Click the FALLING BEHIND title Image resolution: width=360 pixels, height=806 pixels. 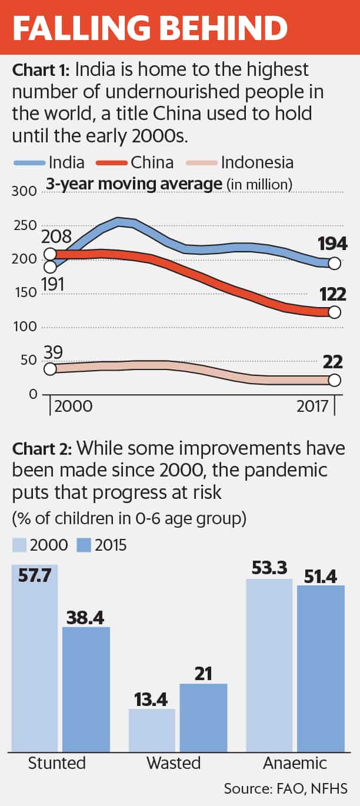coord(151,28)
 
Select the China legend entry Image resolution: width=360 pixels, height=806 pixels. coord(141,162)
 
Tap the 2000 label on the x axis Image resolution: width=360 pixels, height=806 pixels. coord(73,407)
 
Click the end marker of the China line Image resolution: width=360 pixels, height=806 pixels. coord(334,312)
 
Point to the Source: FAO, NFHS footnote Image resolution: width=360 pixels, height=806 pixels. coord(285,788)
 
